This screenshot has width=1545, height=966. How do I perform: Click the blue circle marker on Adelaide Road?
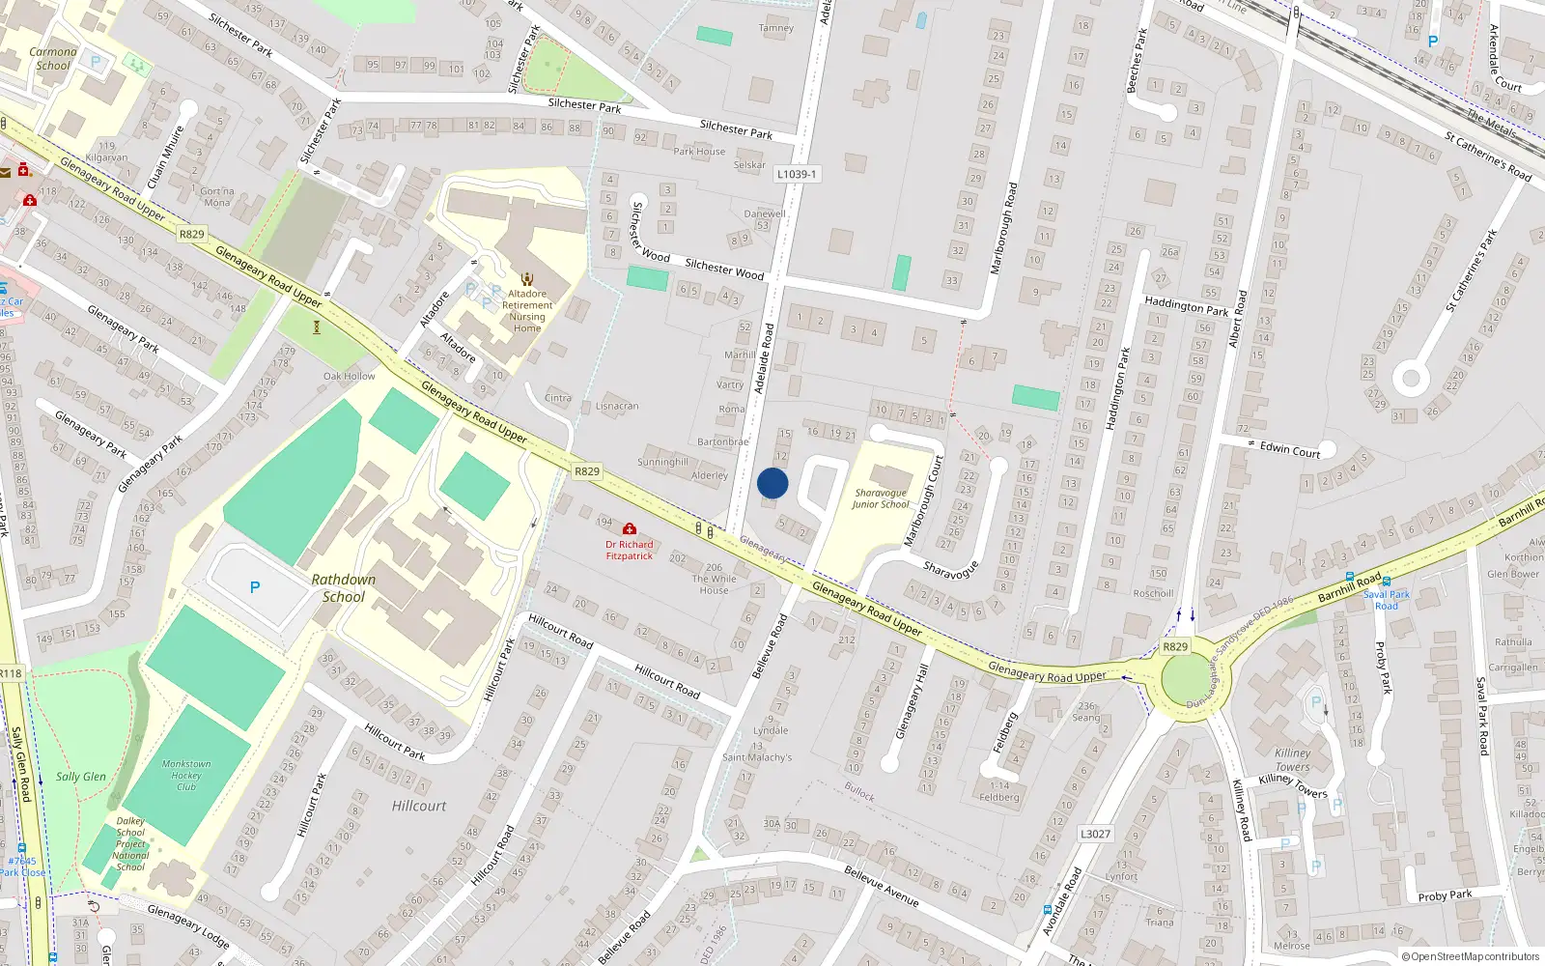click(772, 483)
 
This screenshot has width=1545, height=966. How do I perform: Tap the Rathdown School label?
click(344, 588)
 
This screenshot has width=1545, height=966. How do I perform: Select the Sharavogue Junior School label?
click(881, 498)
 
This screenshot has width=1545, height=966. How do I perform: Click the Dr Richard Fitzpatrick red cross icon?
click(630, 529)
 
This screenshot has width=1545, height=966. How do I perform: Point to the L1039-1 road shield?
click(797, 174)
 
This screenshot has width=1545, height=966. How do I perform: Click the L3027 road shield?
click(1095, 834)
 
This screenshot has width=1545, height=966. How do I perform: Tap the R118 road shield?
click(11, 673)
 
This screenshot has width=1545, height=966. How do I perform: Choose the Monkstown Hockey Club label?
click(186, 775)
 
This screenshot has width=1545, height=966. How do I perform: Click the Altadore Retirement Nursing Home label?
click(527, 311)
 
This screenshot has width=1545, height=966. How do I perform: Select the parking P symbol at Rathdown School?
click(255, 587)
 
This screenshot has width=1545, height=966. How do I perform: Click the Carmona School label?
click(53, 59)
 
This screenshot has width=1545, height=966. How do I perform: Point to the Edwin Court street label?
click(1290, 449)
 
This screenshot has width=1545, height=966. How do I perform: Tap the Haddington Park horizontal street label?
click(1186, 306)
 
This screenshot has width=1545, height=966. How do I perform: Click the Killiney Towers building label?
click(1292, 760)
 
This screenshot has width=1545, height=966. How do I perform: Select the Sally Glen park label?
click(81, 777)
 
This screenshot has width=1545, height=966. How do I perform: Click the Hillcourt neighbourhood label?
click(419, 806)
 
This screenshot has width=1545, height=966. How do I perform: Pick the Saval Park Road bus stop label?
click(1387, 600)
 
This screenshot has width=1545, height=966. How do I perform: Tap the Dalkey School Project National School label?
click(130, 843)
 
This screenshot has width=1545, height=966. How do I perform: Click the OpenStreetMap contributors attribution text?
click(1471, 956)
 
